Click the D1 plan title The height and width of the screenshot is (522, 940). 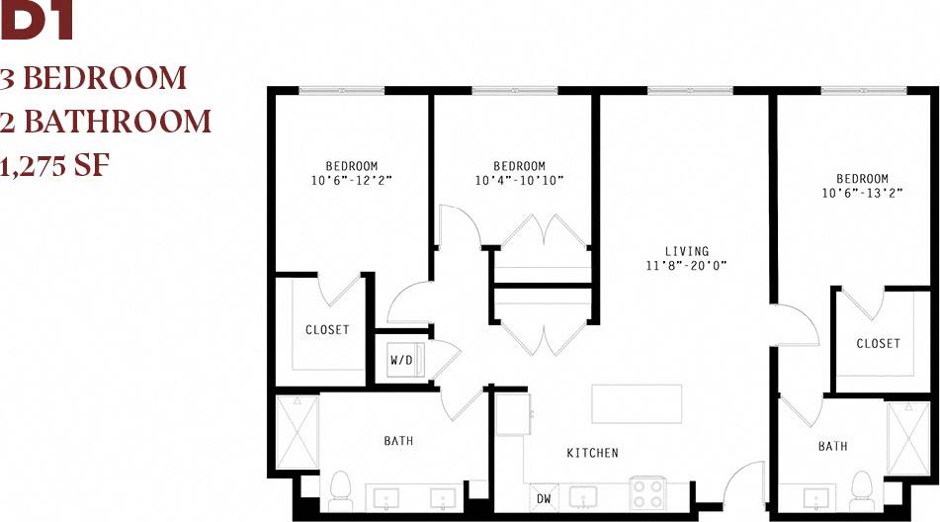38,22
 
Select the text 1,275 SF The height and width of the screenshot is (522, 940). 54,165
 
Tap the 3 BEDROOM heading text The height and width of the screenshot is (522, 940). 94,77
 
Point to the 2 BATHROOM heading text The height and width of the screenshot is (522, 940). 107,122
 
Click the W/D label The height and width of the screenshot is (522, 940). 401,360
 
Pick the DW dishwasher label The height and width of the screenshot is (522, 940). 543,498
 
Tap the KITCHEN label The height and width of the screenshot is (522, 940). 592,453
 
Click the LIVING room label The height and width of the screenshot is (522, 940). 686,251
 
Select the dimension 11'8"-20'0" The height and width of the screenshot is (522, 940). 686,265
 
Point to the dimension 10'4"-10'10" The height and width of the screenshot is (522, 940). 519,180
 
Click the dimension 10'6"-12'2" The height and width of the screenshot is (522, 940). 351,180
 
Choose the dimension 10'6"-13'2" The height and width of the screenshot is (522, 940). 861,193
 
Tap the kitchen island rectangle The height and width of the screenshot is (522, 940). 637,404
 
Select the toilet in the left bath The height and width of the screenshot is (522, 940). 342,489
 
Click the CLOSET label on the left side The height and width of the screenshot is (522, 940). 327,329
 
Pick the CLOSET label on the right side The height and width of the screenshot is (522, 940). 878,343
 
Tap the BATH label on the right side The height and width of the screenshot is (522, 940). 832,446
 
